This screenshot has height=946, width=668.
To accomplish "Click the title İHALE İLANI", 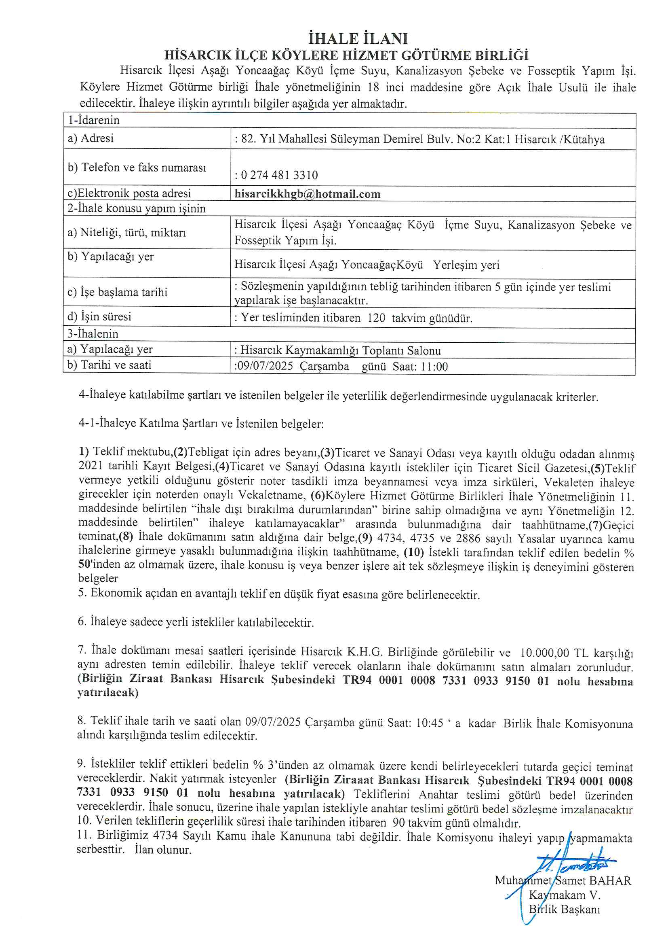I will click(x=358, y=39).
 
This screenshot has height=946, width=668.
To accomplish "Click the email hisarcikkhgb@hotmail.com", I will click(x=308, y=194).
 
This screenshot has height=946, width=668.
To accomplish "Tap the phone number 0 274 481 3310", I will click(x=279, y=175).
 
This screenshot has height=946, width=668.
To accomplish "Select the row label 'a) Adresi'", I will click(x=91, y=138).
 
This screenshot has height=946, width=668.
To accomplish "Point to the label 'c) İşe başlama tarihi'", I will click(x=117, y=292).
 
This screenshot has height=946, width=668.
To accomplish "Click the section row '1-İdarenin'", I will click(x=94, y=120).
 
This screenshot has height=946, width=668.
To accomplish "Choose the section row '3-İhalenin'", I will click(x=93, y=334).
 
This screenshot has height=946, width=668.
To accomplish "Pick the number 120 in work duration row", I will click(x=376, y=318).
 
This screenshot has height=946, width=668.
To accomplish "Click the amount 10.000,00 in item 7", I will click(x=544, y=653).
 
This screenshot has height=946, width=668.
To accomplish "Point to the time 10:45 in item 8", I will click(x=429, y=723).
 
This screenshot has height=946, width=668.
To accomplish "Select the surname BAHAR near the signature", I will click(x=610, y=880).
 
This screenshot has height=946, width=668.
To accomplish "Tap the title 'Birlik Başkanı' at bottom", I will click(x=564, y=909).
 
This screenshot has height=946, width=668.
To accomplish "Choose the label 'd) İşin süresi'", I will click(x=99, y=317).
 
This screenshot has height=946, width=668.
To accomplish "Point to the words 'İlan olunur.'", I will click(x=163, y=850).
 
